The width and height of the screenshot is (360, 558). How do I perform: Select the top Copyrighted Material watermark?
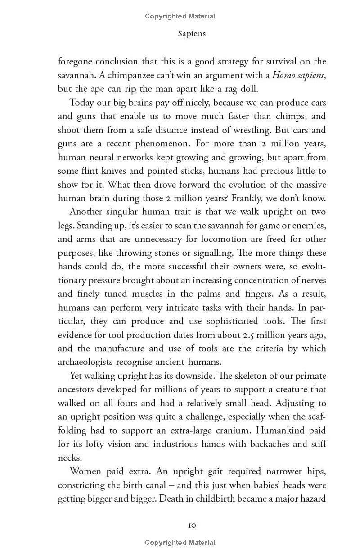click(180, 16)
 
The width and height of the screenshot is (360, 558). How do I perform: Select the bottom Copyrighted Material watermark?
click(180, 543)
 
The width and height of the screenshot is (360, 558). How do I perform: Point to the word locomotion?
click(214, 239)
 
